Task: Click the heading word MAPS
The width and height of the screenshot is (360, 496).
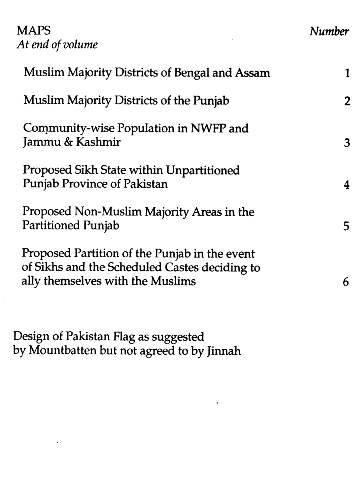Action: [33, 30]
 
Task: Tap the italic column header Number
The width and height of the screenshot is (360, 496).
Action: [329, 32]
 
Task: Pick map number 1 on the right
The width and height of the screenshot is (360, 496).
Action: [347, 73]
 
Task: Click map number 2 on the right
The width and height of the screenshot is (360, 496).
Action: [347, 101]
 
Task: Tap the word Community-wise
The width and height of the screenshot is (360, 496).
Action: [69, 128]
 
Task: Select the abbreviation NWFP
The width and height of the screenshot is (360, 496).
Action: [208, 128]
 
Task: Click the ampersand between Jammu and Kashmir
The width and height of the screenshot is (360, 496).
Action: [68, 142]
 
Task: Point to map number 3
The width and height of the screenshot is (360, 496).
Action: [347, 143]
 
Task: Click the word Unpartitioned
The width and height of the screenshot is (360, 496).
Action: [203, 170]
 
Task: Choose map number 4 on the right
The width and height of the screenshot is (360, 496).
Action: [347, 185]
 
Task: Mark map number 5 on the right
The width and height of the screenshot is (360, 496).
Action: [347, 226]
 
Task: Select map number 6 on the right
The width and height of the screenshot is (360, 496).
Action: [346, 282]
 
